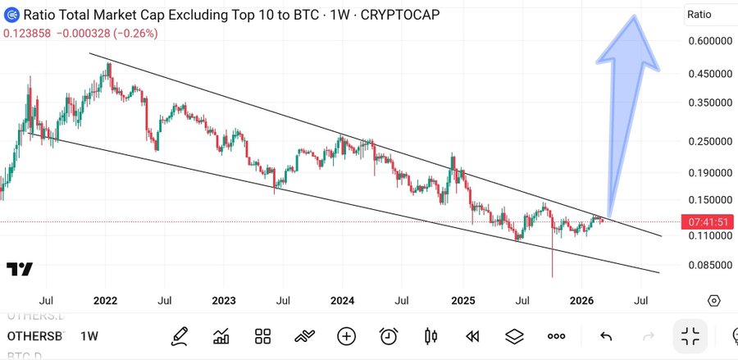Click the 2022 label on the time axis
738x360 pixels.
point(105,301)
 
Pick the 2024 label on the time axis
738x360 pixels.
point(342,301)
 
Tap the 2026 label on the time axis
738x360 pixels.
point(581,301)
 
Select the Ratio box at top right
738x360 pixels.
point(709,14)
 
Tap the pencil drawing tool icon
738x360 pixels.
point(180,336)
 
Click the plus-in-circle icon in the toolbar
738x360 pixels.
point(346,336)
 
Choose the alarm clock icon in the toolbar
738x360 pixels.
point(389,336)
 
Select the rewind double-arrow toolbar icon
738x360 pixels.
point(472,336)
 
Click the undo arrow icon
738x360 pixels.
point(606,336)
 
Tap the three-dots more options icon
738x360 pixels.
point(556,336)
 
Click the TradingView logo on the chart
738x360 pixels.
point(20,270)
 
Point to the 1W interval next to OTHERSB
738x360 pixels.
point(89,337)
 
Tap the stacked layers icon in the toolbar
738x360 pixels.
point(514,336)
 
